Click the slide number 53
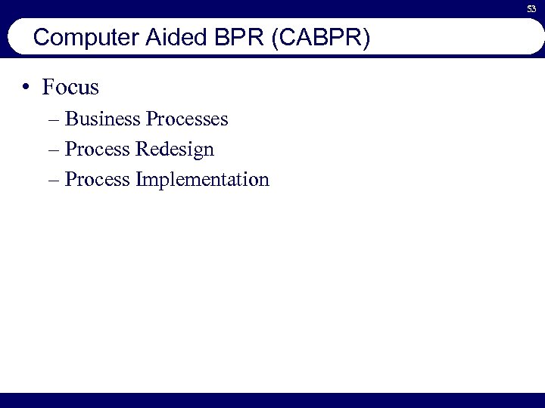532,9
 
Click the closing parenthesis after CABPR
366,38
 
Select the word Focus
71,88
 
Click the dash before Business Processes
56,120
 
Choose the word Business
103,119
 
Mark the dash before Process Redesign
56,150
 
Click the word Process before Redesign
98,150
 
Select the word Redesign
175,150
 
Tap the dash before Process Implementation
56,181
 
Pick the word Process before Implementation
98,180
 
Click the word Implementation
202,181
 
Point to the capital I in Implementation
139,180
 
